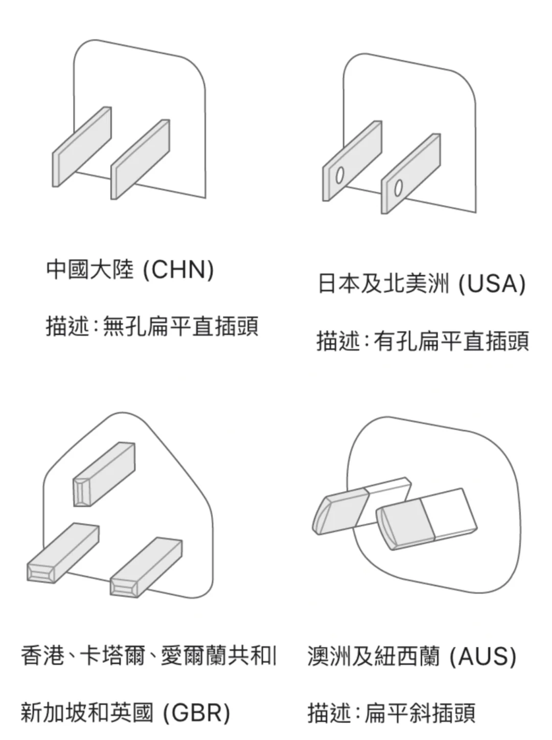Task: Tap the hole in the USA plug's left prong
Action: pyautogui.click(x=338, y=175)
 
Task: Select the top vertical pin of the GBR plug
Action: pyautogui.click(x=104, y=474)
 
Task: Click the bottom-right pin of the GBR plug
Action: pyautogui.click(x=146, y=567)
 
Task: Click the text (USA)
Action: pyautogui.click(x=492, y=284)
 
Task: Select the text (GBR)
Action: pyautogui.click(x=197, y=712)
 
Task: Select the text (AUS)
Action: pyautogui.click(x=483, y=656)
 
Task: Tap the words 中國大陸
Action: pyautogui.click(x=90, y=270)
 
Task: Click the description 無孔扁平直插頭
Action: pyautogui.click(x=180, y=326)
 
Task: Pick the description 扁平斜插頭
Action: pyautogui.click(x=419, y=712)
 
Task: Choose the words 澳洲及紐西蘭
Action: pyautogui.click(x=373, y=656)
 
